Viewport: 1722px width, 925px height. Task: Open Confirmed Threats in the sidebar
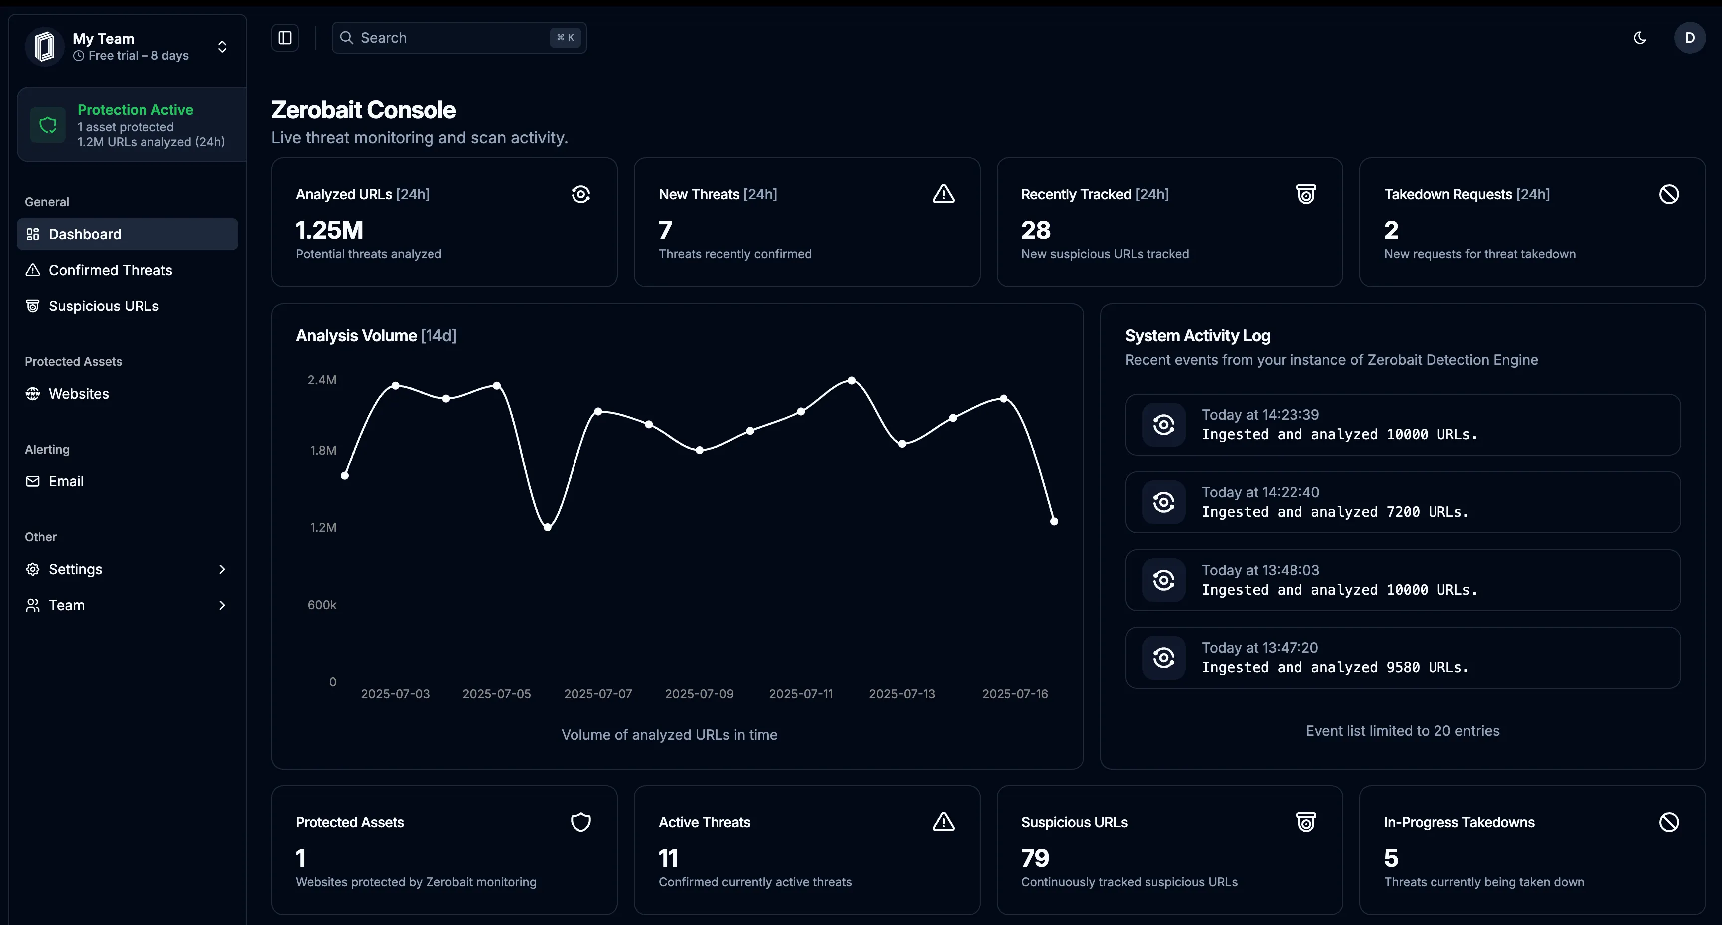coord(110,270)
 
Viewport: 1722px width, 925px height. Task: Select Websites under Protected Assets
coord(78,394)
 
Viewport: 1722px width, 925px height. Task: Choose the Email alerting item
coord(65,481)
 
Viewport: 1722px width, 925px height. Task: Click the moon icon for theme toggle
coord(1639,38)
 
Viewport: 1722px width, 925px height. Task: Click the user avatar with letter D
coord(1689,38)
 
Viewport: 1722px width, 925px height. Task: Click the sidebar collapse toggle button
coord(285,38)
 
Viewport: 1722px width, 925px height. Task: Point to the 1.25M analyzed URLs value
coord(329,231)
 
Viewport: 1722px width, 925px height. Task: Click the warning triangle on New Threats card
coord(943,195)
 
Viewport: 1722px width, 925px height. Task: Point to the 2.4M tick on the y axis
coord(321,380)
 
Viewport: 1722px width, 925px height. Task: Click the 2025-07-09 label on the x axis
coord(699,694)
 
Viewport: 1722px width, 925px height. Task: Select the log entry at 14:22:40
coord(1402,502)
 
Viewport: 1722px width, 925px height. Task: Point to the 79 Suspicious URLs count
coord(1035,858)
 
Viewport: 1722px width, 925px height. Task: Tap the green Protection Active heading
coord(135,110)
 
